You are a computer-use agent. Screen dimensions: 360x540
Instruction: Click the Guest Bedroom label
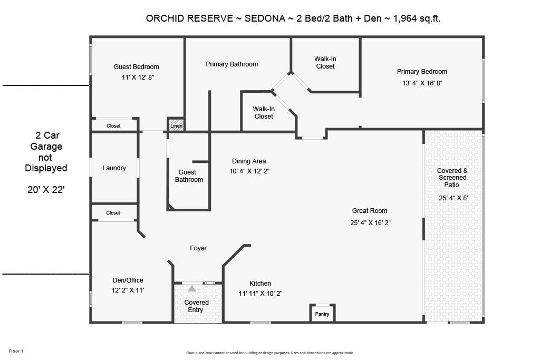point(136,67)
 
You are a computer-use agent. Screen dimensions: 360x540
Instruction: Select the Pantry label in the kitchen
point(322,314)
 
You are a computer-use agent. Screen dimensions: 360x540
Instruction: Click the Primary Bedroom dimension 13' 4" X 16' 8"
point(422,83)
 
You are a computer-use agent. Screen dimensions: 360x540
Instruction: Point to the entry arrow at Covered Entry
point(192,289)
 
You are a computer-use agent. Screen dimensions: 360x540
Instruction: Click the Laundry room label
point(114,168)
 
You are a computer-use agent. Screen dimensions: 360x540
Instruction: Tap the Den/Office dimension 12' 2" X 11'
point(128,290)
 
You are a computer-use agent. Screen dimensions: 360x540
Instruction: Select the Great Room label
point(370,211)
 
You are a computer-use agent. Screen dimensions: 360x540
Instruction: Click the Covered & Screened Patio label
point(452,178)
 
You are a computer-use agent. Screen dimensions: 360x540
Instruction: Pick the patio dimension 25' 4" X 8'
point(454,198)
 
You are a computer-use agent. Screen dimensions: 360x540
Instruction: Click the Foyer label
point(198,248)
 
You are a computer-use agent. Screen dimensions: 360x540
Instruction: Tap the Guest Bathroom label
point(189,176)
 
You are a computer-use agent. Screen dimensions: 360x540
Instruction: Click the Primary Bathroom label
point(232,64)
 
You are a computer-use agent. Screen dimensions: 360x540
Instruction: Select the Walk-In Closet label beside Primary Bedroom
point(325,63)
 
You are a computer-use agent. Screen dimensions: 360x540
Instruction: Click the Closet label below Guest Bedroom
point(113,126)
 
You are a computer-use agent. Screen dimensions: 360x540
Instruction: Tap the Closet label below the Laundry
point(113,213)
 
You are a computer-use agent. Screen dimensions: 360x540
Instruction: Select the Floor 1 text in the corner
point(16,351)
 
